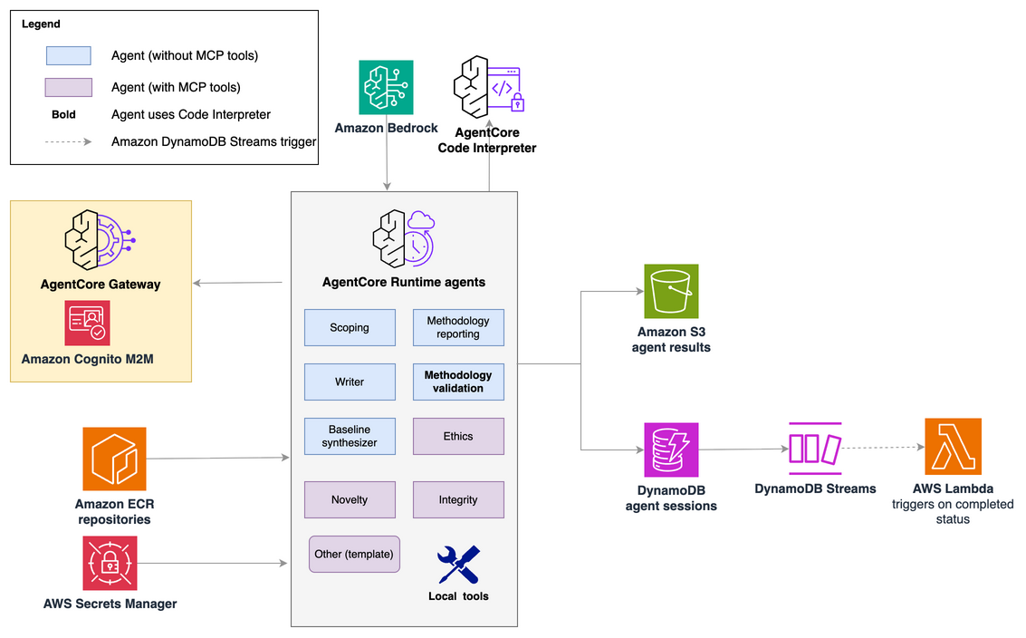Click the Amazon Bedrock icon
[x=386, y=87]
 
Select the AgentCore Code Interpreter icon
[x=489, y=87]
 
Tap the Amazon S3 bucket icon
[x=671, y=292]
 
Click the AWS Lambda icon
[x=953, y=446]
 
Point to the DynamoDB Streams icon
[x=815, y=449]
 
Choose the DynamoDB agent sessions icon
[x=671, y=449]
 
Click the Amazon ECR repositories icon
[x=114, y=459]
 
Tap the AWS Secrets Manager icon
[x=110, y=564]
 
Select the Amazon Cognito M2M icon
[x=87, y=323]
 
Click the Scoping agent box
[x=350, y=327]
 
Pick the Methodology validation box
[x=458, y=382]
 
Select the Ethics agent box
[x=458, y=436]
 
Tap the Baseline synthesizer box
[x=350, y=436]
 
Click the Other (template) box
[x=354, y=554]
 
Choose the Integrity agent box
[x=458, y=499]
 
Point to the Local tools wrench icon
[x=459, y=565]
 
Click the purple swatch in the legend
[x=68, y=87]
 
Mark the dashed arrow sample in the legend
[x=68, y=141]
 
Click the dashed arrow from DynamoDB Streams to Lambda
[x=883, y=448]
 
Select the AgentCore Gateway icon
[x=101, y=240]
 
